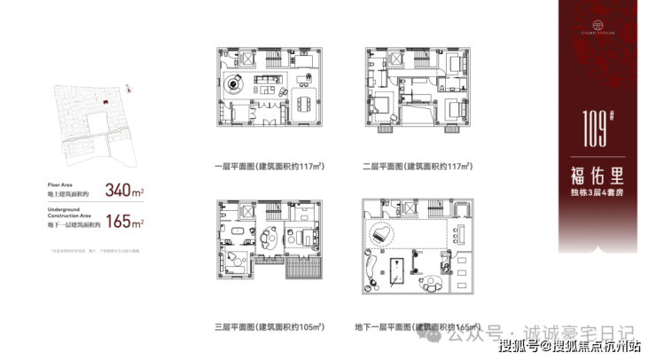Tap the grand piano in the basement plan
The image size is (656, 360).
382,232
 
